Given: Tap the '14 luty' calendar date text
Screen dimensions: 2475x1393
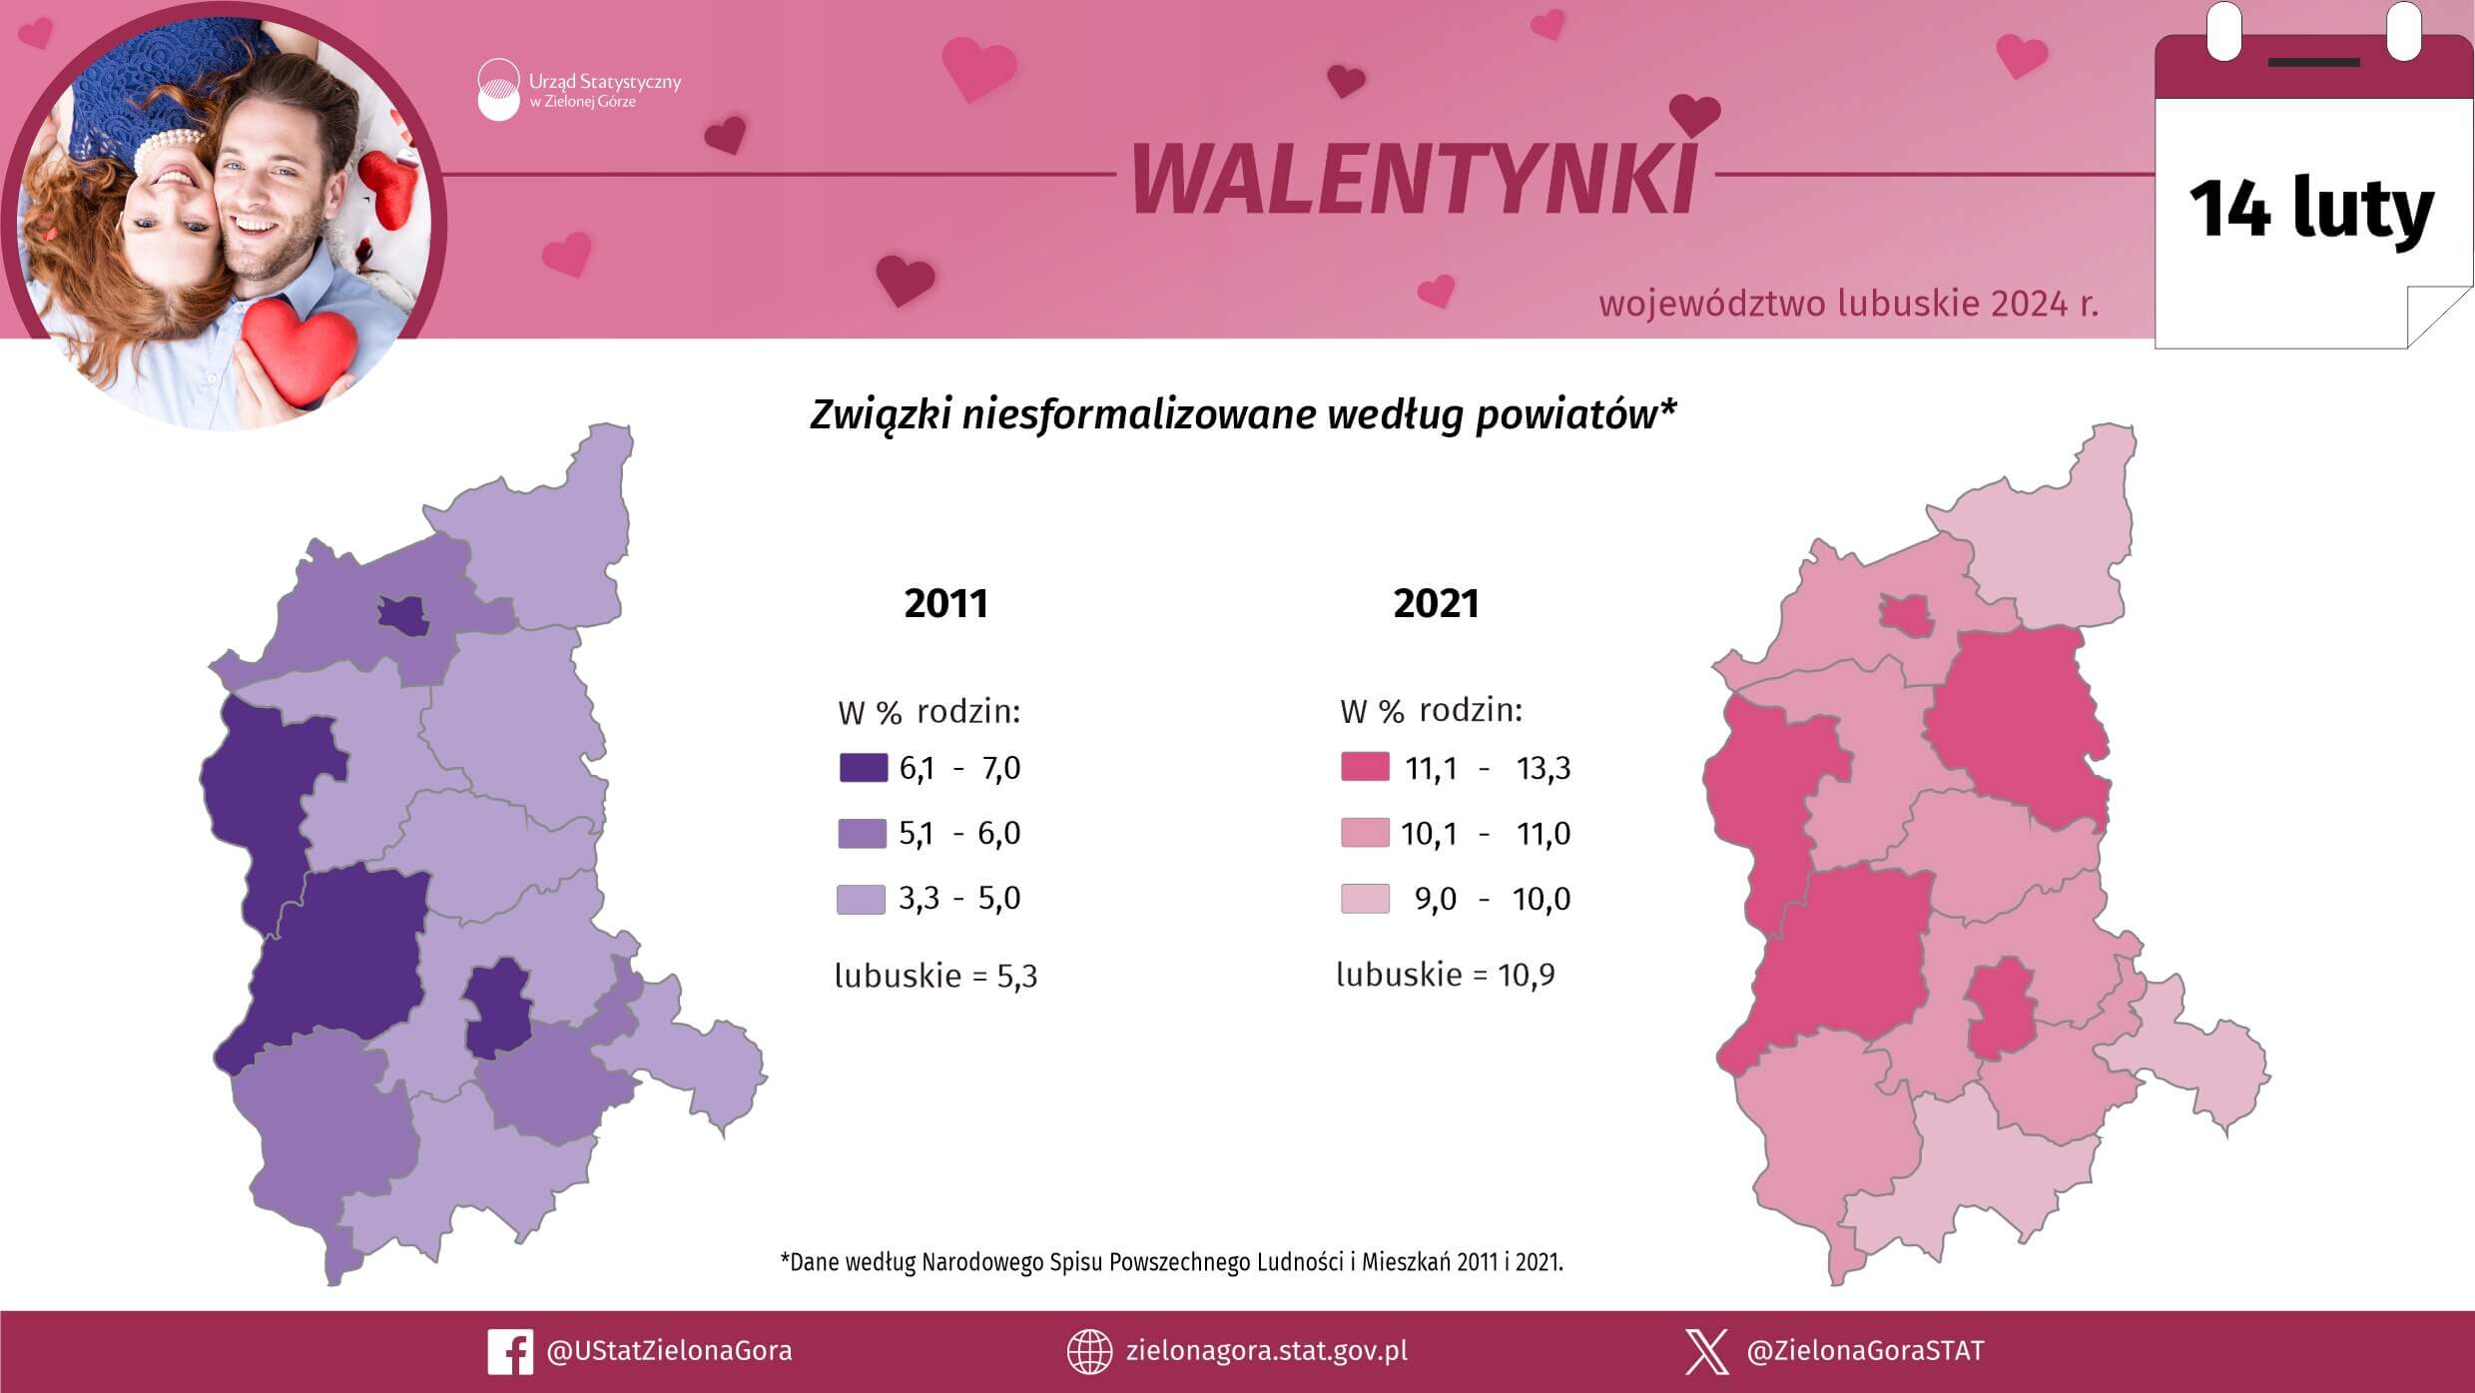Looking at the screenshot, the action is point(2311,211).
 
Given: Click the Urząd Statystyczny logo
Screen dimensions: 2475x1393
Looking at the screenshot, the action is point(498,90).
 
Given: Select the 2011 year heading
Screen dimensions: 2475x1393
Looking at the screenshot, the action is point(945,603).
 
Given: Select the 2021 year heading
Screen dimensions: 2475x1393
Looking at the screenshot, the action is point(1436,603).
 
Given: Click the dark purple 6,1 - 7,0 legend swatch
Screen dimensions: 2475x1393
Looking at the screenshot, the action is point(864,767).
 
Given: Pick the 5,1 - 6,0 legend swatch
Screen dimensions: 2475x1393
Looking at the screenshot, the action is point(863,833).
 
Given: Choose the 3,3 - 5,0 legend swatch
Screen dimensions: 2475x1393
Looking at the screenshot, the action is point(861,899).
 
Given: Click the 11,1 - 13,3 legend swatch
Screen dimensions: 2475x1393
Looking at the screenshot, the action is point(1365,767).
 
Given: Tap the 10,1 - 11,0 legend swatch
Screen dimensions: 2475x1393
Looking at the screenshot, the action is point(1365,833).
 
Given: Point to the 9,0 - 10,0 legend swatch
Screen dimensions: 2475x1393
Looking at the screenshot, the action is point(1365,899).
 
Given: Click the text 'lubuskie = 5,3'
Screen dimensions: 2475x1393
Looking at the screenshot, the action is point(936,976).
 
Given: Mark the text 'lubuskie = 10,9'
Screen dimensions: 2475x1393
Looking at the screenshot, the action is point(1446,975).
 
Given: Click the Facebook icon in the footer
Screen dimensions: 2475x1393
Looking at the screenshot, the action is point(509,1352).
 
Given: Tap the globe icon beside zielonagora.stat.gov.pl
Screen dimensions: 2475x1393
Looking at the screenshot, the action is point(1089,1352).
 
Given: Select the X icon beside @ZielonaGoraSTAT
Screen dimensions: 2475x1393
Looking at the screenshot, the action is point(1706,1352).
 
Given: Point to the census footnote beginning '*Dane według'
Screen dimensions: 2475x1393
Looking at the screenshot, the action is point(1171,1262).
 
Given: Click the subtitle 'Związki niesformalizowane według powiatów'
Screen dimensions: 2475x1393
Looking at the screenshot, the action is point(1243,414).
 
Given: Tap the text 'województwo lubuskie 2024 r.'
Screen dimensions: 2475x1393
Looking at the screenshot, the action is point(1849,304).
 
